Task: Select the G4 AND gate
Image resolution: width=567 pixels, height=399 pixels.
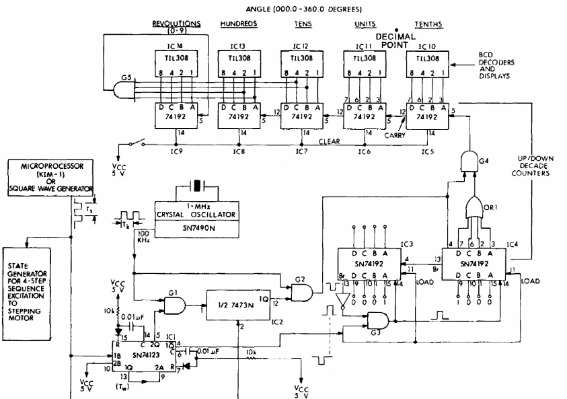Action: (x=467, y=159)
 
